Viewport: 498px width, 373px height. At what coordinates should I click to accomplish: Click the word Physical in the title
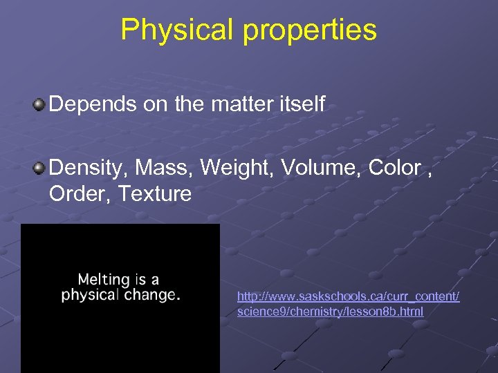(x=173, y=30)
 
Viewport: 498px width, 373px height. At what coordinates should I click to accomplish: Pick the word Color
(x=394, y=167)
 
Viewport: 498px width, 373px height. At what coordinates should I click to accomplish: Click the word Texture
(x=154, y=194)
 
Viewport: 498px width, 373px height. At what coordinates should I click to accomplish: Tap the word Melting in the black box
(x=104, y=280)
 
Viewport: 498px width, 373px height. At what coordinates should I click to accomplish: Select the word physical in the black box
(x=89, y=296)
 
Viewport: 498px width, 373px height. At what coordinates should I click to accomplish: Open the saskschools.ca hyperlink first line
(x=348, y=296)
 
